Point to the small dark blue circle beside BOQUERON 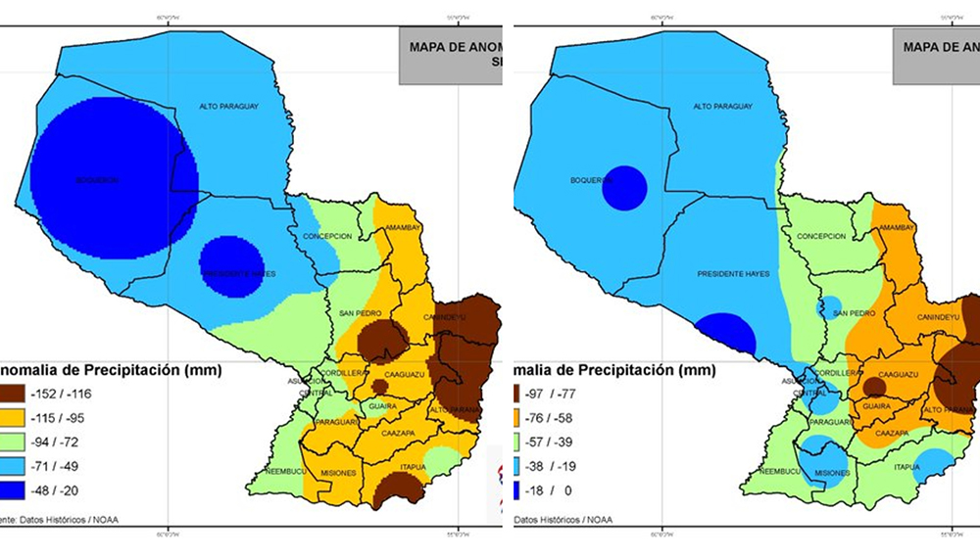coord(624,188)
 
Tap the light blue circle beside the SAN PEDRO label coord(829,307)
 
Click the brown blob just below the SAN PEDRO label coord(382,340)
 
